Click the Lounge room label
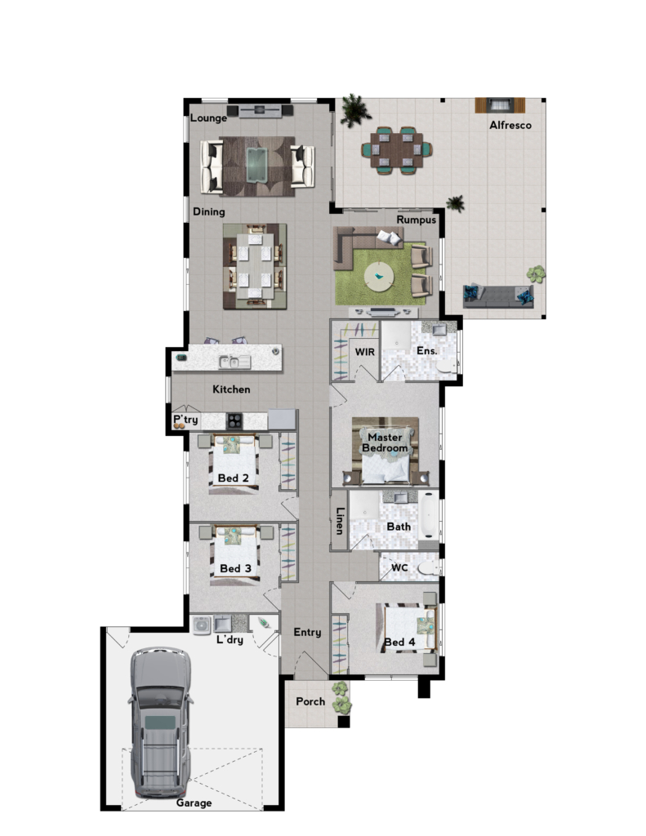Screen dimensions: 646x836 click(208, 118)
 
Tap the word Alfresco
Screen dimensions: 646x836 click(510, 125)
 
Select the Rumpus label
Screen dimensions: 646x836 click(416, 220)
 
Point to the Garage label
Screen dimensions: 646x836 click(194, 803)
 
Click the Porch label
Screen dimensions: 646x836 click(310, 701)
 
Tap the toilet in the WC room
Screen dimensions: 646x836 click(429, 568)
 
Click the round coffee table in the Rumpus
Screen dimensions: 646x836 click(379, 276)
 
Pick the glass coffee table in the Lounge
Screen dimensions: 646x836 click(256, 165)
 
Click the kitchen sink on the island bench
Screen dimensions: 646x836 click(234, 362)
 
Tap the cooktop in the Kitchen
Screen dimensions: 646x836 click(234, 421)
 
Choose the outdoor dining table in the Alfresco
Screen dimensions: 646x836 click(396, 150)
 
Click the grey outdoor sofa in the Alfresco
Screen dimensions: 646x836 click(498, 296)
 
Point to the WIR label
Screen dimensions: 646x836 click(365, 352)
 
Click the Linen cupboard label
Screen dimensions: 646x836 click(339, 520)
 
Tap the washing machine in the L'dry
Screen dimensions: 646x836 click(202, 625)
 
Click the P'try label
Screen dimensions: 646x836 click(185, 420)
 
